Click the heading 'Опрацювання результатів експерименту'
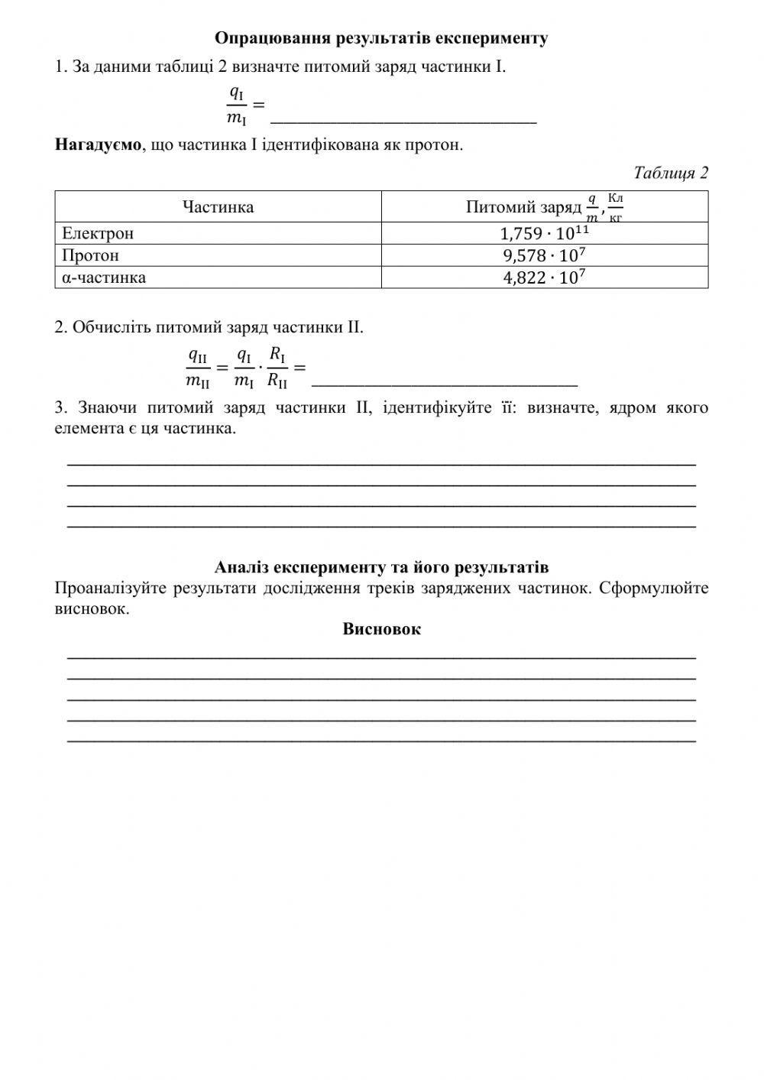click(381, 38)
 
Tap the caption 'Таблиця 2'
click(671, 173)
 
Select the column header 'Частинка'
click(218, 207)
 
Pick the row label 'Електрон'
click(98, 233)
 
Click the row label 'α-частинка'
click(104, 277)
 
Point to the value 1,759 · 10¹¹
click(544, 233)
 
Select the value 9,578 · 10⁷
click(544, 255)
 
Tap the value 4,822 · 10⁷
click(544, 277)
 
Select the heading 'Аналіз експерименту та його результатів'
click(381, 567)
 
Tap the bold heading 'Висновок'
click(381, 629)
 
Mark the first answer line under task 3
click(381, 462)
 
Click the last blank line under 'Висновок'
click(381, 740)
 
